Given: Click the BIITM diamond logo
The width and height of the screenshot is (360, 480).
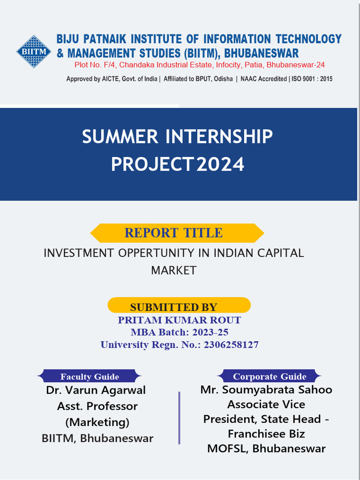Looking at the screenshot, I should click(x=34, y=51).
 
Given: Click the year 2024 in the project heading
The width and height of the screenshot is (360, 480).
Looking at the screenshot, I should click(x=220, y=165).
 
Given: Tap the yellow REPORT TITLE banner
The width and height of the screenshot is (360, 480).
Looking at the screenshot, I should click(x=177, y=232).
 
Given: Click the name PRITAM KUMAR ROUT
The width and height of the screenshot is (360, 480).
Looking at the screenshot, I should click(x=179, y=320).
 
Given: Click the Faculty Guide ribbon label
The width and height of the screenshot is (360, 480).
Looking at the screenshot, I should click(x=90, y=376).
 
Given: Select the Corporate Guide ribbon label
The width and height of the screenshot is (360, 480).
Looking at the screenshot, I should click(x=270, y=376).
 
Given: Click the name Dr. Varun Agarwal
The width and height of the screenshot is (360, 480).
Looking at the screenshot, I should click(x=96, y=390).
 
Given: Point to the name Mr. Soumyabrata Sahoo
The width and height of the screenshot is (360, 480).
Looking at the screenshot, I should click(x=266, y=390).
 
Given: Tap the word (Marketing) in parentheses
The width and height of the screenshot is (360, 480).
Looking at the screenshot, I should click(x=97, y=422).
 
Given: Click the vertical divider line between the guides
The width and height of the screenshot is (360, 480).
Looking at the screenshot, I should click(x=179, y=417).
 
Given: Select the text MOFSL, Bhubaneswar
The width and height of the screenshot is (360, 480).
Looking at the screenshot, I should click(x=266, y=448).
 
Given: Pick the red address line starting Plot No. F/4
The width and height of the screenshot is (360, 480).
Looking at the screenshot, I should click(x=199, y=65).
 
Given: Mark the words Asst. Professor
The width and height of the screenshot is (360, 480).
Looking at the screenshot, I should click(x=97, y=406).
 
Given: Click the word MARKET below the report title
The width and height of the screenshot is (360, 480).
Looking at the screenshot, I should click(x=173, y=270).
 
